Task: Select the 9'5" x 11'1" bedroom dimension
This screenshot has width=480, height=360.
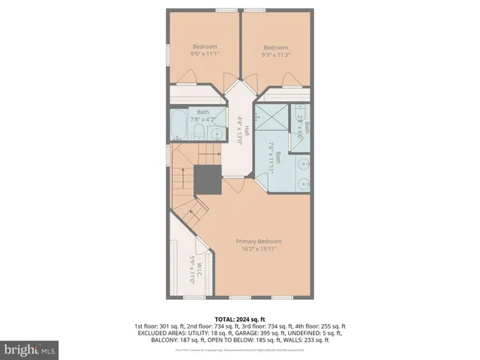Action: (199, 54)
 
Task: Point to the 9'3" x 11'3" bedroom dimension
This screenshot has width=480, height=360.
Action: (275, 54)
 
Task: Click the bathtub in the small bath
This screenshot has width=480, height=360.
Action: (178, 127)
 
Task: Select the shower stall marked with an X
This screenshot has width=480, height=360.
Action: (271, 121)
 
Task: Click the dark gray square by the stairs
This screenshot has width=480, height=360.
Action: (207, 180)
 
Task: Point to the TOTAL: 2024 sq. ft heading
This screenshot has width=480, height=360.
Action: (239, 318)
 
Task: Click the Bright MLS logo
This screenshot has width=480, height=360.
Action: (30, 349)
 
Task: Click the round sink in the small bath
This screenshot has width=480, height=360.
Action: (216, 134)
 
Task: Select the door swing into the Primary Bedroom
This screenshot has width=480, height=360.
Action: (234, 186)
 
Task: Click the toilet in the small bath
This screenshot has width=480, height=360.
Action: (197, 133)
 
